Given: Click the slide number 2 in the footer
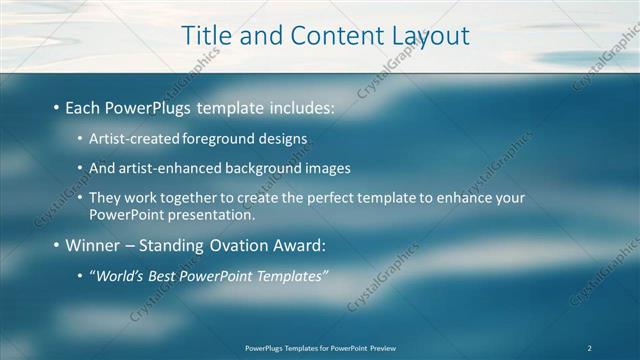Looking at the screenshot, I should [590, 348].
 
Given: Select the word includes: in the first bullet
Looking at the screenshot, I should [298, 107].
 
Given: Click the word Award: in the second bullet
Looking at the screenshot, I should [299, 245].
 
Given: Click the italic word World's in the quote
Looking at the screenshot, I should [122, 275].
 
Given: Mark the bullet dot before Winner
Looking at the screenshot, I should [55, 245].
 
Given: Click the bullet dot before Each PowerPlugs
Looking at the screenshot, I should [55, 107].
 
